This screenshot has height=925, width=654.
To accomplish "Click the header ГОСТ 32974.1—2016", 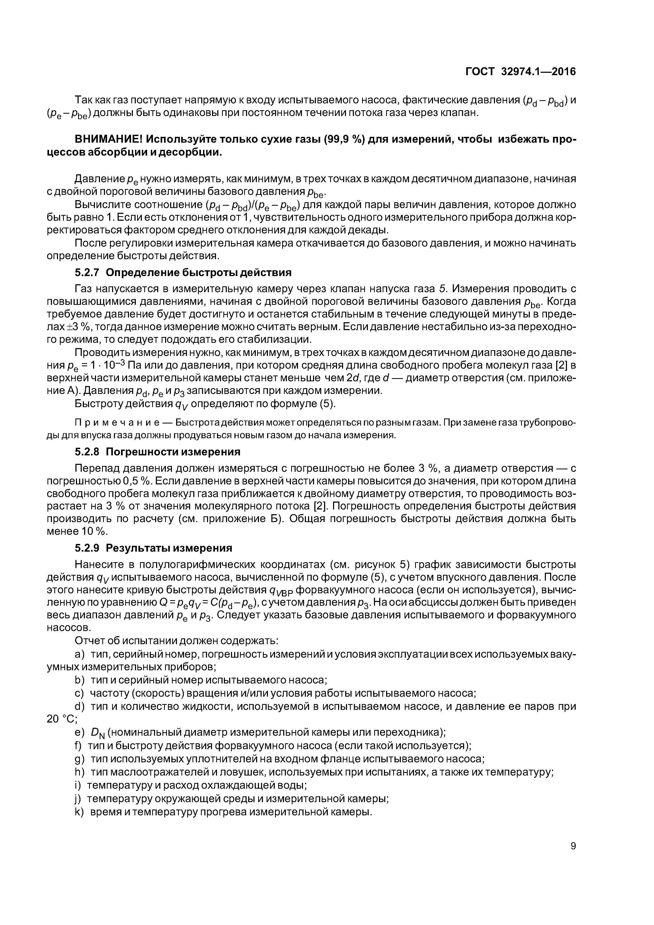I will pyautogui.click(x=520, y=72).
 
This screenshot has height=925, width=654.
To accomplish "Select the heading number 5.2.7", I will pyautogui.click(x=87, y=273).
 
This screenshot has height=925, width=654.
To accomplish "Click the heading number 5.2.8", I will pyautogui.click(x=87, y=452).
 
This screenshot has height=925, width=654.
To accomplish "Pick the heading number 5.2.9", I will pyautogui.click(x=87, y=548).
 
